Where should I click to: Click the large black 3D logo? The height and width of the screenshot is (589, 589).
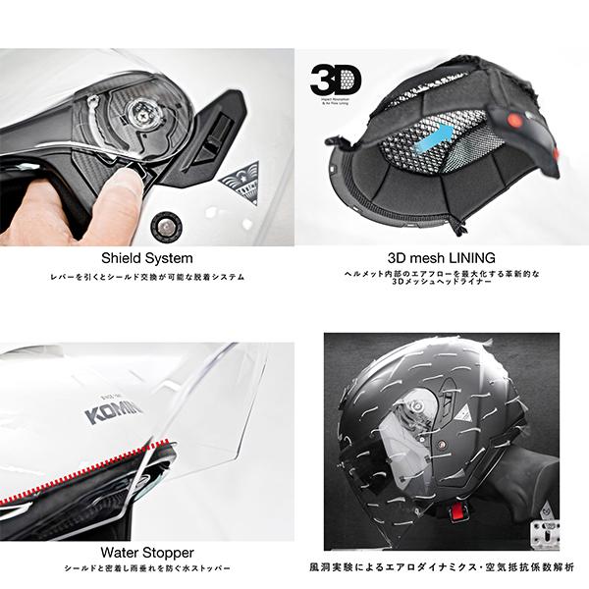tap(336, 80)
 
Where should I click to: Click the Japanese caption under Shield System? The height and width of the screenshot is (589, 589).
tap(147, 278)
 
